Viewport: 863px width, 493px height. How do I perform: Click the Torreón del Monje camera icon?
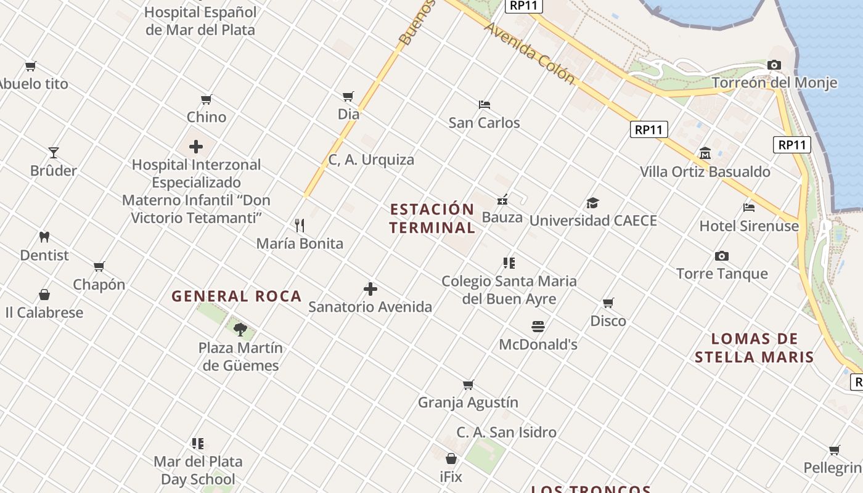pos(774,65)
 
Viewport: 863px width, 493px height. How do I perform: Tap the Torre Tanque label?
pos(722,274)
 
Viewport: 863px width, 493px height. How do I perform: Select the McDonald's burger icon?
pos(538,326)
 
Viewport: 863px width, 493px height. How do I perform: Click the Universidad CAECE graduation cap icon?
pos(592,203)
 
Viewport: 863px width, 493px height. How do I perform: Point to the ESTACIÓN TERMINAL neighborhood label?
pos(432,218)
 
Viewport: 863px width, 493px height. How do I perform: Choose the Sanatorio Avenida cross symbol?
pos(370,288)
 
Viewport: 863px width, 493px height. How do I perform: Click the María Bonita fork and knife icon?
pos(300,225)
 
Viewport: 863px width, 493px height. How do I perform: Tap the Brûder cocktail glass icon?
pos(54,153)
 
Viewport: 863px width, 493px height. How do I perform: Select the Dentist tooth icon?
pos(44,237)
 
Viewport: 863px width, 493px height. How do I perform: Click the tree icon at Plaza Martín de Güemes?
pos(240,329)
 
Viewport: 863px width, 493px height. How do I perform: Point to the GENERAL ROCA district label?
pos(237,296)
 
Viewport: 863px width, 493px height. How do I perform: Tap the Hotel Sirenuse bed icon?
pos(749,208)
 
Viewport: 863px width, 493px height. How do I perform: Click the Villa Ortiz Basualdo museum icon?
pos(705,153)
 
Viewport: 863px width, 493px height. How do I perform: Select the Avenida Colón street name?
pos(530,54)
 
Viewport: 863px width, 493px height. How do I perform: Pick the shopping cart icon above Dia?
pos(348,96)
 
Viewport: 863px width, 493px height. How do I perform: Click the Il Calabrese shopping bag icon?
pos(44,294)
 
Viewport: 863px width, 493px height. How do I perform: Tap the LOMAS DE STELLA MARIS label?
pos(755,348)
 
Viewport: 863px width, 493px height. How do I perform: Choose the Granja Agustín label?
pos(468,402)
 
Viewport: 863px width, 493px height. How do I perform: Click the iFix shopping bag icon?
pos(451,458)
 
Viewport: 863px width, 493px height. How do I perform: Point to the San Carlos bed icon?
pos(485,104)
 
